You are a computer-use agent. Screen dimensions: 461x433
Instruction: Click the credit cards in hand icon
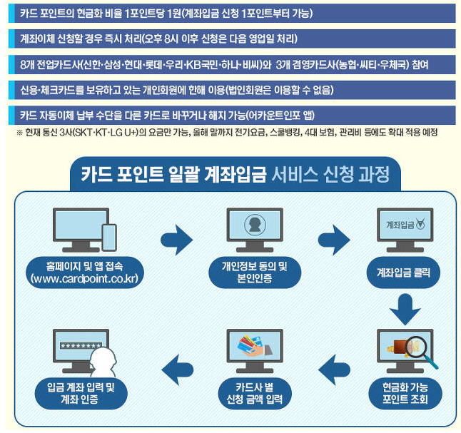point(253,349)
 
